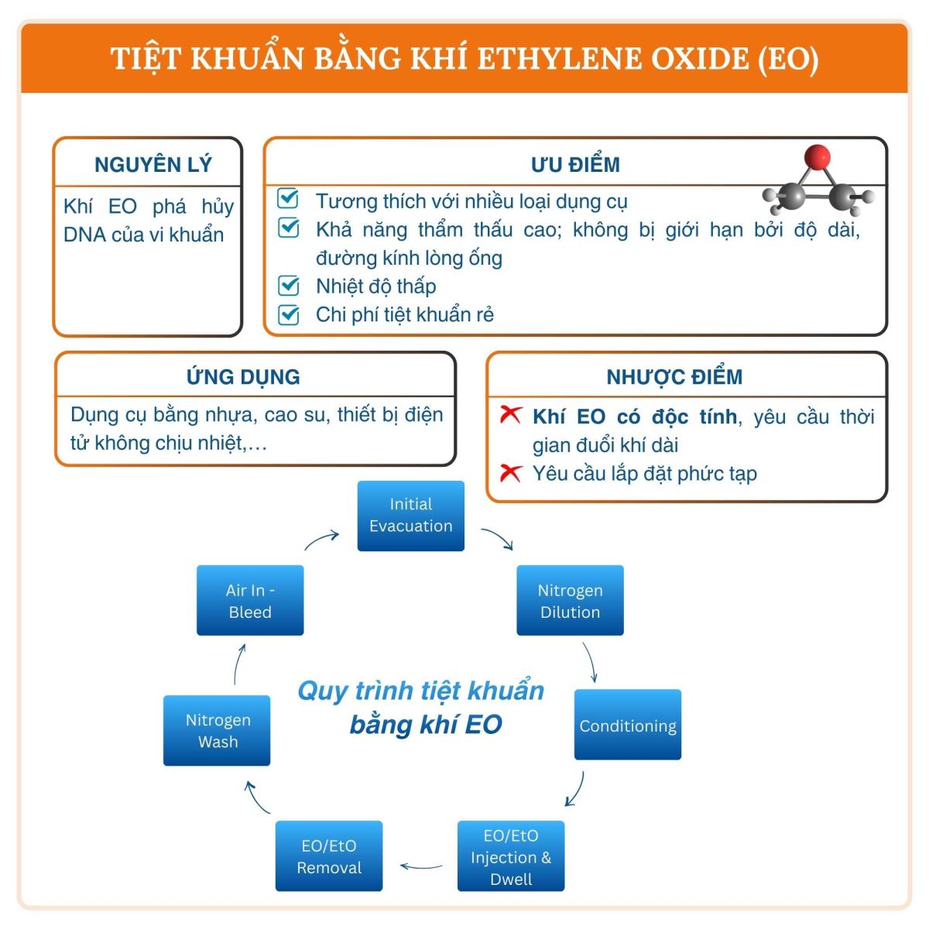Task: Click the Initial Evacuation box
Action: pyautogui.click(x=410, y=516)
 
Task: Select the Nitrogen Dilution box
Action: pyautogui.click(x=570, y=601)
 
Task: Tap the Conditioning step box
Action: pyautogui.click(x=627, y=725)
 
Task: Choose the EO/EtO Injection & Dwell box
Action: pyautogui.click(x=511, y=856)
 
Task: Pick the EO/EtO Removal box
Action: pyautogui.click(x=329, y=856)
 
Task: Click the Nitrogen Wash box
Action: pyautogui.click(x=217, y=730)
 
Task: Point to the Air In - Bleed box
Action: pyautogui.click(x=250, y=601)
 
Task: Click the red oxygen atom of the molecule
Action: pyautogui.click(x=817, y=157)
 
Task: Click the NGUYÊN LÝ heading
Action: pyautogui.click(x=153, y=164)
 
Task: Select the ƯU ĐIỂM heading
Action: pyautogui.click(x=575, y=164)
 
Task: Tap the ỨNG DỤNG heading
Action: pyautogui.click(x=243, y=377)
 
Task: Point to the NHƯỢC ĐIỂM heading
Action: pyautogui.click(x=674, y=377)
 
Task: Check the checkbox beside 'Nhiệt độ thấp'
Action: pyautogui.click(x=289, y=286)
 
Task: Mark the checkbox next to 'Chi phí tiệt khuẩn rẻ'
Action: pyautogui.click(x=289, y=314)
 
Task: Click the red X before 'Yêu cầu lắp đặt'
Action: pyautogui.click(x=511, y=472)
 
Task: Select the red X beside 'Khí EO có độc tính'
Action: pyautogui.click(x=511, y=415)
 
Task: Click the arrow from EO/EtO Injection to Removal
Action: pyautogui.click(x=421, y=866)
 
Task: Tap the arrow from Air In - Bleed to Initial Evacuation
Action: pyautogui.click(x=321, y=539)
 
